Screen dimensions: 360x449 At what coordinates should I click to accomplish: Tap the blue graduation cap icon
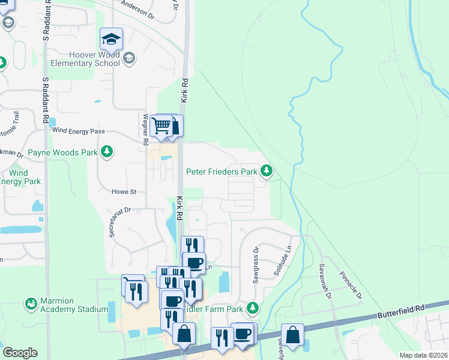[111, 40]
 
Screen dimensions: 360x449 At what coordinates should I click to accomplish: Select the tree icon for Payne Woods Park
[107, 152]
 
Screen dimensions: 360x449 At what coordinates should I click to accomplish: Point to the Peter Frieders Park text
[221, 172]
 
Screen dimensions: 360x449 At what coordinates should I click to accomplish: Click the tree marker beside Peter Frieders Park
[267, 172]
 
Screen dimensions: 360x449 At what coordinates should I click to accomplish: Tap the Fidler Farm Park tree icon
[253, 308]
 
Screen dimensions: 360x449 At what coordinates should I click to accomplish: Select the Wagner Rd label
[145, 130]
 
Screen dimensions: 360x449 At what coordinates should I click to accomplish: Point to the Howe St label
[124, 192]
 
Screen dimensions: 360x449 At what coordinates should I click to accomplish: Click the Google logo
[20, 353]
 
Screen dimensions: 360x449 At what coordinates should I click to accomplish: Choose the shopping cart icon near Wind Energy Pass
[160, 126]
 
